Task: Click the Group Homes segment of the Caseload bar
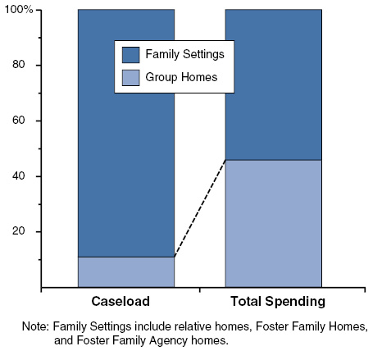125,271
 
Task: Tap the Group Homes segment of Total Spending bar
273,223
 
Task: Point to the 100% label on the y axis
17,10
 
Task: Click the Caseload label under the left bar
125,301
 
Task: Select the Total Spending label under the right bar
273,301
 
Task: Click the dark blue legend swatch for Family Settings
130,55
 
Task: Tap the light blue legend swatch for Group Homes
130,79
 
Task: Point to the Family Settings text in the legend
190,55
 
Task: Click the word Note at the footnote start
36,326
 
